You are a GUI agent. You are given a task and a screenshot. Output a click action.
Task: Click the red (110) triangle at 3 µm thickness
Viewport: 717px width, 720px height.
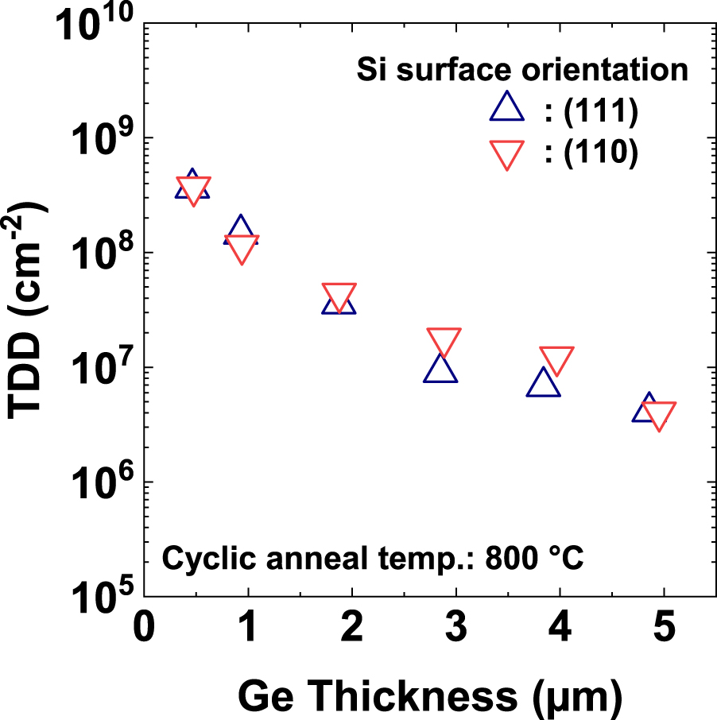tap(444, 340)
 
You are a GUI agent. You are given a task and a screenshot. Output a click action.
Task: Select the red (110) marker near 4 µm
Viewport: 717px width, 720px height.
tap(556, 360)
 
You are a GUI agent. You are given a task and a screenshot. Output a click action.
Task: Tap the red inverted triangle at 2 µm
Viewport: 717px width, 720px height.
tap(339, 296)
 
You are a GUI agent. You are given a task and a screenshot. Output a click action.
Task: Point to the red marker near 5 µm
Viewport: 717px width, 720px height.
tap(659, 415)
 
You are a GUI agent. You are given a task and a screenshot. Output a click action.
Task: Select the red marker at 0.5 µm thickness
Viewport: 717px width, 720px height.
tap(194, 190)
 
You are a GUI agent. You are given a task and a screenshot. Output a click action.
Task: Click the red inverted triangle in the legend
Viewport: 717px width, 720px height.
tap(507, 153)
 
